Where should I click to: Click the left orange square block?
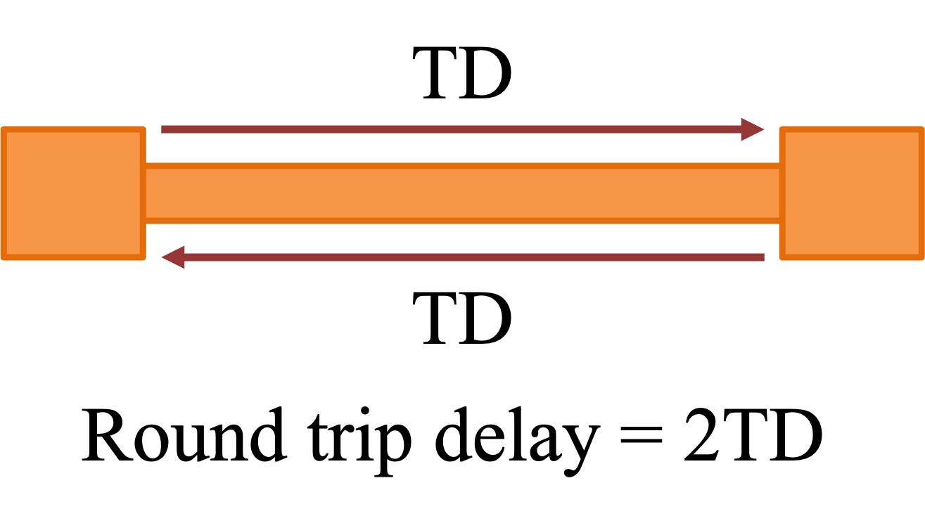pyautogui.click(x=73, y=193)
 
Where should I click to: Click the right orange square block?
pyautogui.click(x=852, y=193)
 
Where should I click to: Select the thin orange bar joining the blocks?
pyautogui.click(x=462, y=193)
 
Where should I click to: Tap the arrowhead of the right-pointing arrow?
pyautogui.click(x=753, y=129)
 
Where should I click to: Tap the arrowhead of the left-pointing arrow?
pyautogui.click(x=174, y=257)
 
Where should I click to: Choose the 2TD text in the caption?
pyautogui.click(x=753, y=437)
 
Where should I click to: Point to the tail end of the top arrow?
pyautogui.click(x=164, y=129)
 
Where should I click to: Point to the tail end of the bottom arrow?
pyautogui.click(x=762, y=257)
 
